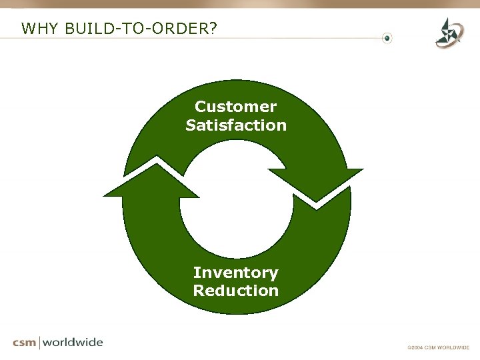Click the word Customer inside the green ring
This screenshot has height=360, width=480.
(235, 107)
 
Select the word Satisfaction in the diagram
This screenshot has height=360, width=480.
(236, 125)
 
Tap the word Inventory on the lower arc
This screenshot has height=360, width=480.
(236, 273)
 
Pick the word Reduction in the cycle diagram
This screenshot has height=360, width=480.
(236, 291)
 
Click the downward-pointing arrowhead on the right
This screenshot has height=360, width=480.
(317, 183)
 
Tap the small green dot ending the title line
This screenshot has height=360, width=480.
(388, 38)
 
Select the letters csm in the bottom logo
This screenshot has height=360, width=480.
(25, 343)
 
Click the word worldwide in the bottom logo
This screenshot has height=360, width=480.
(73, 342)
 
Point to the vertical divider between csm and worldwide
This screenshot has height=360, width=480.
(41, 343)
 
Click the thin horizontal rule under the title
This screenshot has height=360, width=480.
(200, 38)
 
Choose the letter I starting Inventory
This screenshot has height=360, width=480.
(196, 273)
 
